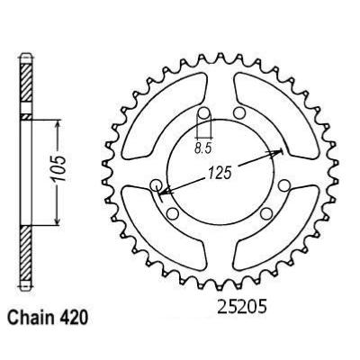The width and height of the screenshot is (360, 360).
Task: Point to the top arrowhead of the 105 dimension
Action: (58, 121)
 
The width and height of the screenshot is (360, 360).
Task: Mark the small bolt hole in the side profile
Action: (24, 118)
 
